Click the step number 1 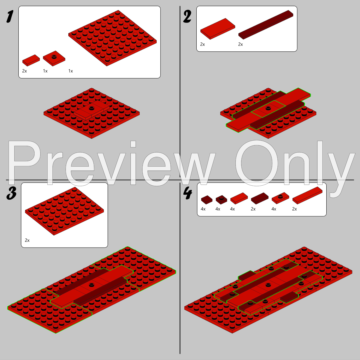click(10, 17)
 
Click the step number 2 click(187, 17)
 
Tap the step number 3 click(11, 193)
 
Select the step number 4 click(188, 193)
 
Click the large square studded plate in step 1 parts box click(113, 38)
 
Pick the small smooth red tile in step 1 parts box click(31, 60)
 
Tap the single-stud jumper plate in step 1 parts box click(54, 58)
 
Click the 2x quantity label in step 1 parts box click(24, 71)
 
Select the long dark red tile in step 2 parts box click(266, 25)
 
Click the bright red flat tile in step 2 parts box click(218, 29)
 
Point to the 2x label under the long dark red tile click(240, 44)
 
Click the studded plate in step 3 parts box click(65, 211)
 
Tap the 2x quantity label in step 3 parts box click(27, 240)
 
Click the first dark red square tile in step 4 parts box click(207, 200)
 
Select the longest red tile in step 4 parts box click(307, 195)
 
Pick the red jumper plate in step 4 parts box click(280, 198)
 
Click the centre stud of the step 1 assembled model click(92, 107)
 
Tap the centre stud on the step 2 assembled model click(268, 108)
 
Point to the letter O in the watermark click(256, 163)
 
